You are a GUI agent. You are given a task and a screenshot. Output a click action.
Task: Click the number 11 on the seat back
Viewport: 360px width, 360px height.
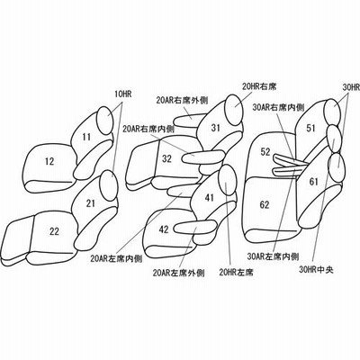[86, 138]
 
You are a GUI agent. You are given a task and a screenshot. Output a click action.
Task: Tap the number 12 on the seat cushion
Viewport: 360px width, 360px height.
[49, 162]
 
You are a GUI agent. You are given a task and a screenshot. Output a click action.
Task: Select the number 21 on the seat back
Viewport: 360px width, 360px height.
[90, 203]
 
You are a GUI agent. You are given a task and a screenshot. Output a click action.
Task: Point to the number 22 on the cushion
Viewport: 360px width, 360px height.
[54, 231]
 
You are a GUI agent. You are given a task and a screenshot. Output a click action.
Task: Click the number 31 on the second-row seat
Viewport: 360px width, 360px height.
[215, 128]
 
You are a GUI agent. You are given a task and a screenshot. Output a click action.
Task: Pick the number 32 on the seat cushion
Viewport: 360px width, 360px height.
[166, 158]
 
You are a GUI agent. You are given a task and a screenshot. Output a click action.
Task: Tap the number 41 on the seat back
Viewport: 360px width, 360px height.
[209, 198]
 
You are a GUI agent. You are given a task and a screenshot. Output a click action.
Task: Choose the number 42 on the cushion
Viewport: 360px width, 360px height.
[164, 229]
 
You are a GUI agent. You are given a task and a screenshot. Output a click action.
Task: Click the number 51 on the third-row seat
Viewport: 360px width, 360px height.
[310, 129]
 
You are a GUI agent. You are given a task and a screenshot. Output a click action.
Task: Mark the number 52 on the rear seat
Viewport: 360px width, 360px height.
[265, 152]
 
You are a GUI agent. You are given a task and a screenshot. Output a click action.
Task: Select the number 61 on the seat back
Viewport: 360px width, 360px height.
[313, 182]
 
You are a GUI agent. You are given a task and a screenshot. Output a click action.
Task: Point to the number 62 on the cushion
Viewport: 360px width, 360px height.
[265, 205]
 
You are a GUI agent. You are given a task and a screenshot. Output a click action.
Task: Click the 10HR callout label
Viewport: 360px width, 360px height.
[122, 94]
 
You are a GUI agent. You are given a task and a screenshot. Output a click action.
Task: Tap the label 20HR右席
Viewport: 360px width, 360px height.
[259, 86]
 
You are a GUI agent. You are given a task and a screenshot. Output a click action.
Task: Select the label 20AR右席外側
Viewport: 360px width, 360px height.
[182, 101]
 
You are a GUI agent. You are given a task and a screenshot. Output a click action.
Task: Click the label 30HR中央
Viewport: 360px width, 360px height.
[316, 270]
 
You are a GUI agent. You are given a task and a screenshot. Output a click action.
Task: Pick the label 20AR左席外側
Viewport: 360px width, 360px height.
[179, 273]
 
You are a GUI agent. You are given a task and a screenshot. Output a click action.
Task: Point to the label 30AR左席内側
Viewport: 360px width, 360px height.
[273, 256]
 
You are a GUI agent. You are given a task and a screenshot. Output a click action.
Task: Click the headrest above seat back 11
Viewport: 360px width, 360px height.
[105, 121]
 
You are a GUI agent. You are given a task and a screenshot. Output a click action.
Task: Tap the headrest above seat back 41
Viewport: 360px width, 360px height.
[228, 180]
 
